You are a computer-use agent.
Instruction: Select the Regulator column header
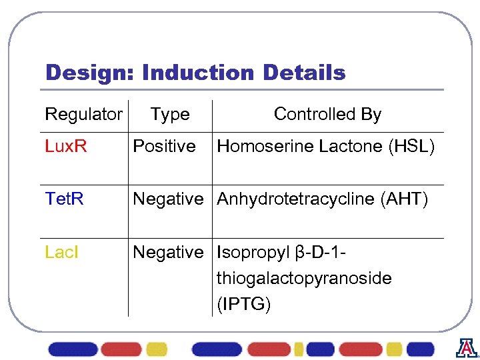tap(83, 115)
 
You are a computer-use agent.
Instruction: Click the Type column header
tap(170, 115)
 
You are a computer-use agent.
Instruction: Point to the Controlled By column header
tap(327, 115)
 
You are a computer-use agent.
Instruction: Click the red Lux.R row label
tap(65, 146)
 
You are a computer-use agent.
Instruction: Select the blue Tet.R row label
tap(64, 199)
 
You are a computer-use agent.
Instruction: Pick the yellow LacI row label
tap(61, 252)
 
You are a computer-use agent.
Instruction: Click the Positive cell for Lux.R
tap(164, 146)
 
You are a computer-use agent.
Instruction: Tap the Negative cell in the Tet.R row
tap(168, 199)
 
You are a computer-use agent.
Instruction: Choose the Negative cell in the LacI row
tap(168, 252)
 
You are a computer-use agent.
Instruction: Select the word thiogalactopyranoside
tap(304, 278)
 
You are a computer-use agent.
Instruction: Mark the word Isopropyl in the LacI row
tap(253, 253)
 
